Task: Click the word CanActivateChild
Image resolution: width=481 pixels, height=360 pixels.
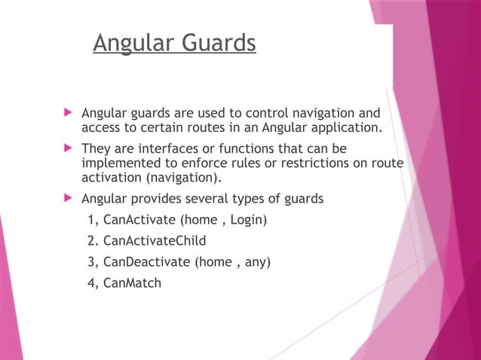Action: click(155, 241)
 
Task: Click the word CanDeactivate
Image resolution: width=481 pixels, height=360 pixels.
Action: click(146, 262)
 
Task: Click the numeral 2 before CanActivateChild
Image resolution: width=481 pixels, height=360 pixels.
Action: click(92, 241)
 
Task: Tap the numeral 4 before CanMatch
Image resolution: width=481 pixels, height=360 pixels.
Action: click(92, 283)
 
